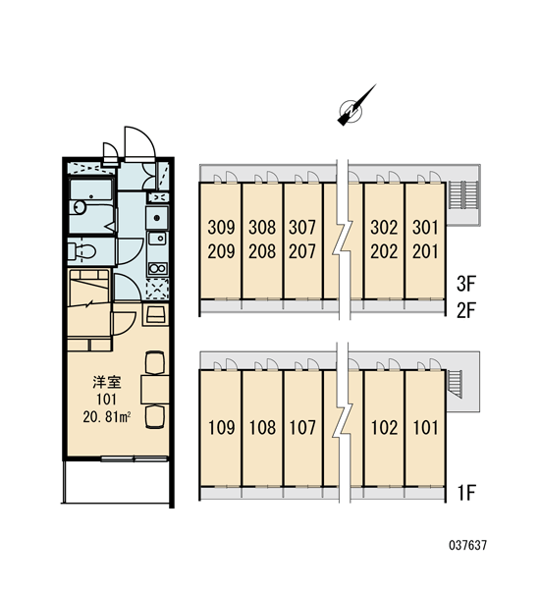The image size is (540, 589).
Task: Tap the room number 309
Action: tap(221, 228)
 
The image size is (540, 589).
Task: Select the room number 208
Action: tap(262, 251)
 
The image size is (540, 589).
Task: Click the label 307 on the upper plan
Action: tap(302, 228)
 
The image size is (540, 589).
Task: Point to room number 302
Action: tap(384, 228)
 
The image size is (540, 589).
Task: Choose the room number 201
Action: tap(425, 251)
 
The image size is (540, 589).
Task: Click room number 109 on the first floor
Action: tap(221, 428)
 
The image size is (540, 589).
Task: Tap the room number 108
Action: tap(262, 428)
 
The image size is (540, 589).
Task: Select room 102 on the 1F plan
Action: tap(385, 428)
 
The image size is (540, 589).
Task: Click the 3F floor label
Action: tap(466, 284)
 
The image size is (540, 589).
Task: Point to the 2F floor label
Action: tap(466, 310)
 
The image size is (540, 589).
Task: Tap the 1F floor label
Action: tap(466, 493)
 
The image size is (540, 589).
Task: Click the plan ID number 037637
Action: tap(468, 545)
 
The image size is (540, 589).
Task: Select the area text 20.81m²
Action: tap(107, 417)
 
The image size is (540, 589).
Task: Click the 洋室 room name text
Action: tap(107, 383)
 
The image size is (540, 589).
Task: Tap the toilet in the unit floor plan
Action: tap(81, 251)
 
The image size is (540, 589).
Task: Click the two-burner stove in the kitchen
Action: tap(158, 269)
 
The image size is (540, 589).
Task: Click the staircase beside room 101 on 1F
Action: tap(455, 384)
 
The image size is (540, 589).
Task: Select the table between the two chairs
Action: tap(155, 389)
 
